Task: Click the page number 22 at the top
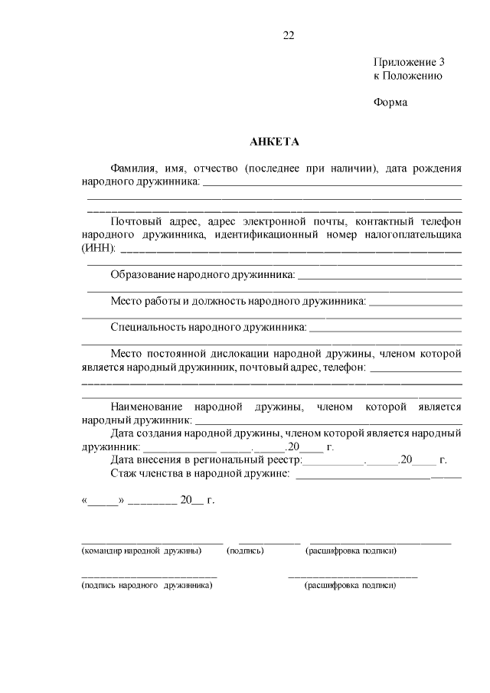(288, 34)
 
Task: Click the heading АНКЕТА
(273, 142)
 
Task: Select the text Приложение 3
(409, 61)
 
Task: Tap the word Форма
(390, 103)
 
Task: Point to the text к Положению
(407, 76)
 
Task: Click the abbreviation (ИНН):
(98, 248)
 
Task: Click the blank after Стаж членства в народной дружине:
(378, 476)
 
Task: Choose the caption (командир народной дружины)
(142, 551)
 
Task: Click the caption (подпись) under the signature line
(245, 551)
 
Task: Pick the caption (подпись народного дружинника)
(147, 585)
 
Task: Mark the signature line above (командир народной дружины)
(152, 542)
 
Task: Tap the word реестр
(284, 460)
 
